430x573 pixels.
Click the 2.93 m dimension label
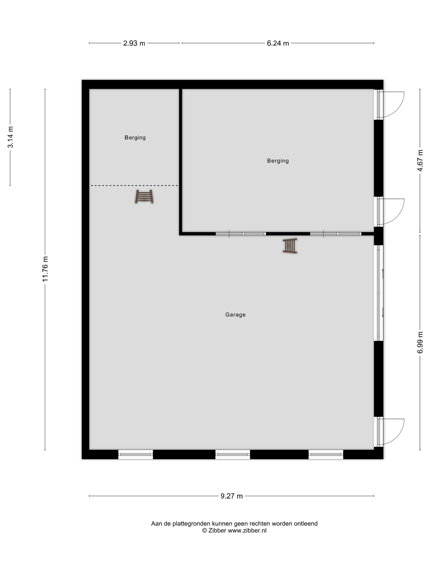coord(134,43)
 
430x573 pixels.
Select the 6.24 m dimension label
coord(278,43)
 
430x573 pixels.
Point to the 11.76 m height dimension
coord(45,269)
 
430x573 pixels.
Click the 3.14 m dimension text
coord(10,137)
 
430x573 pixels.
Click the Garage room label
coord(235,315)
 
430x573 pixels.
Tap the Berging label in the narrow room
coord(135,138)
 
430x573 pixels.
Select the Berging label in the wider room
coord(278,161)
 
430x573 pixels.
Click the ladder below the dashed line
coord(144,197)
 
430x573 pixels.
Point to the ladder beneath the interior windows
coord(290,246)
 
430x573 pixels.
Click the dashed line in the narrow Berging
coord(134,185)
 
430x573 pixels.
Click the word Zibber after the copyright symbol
coord(217,530)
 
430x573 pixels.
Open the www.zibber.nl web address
coord(247,530)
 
